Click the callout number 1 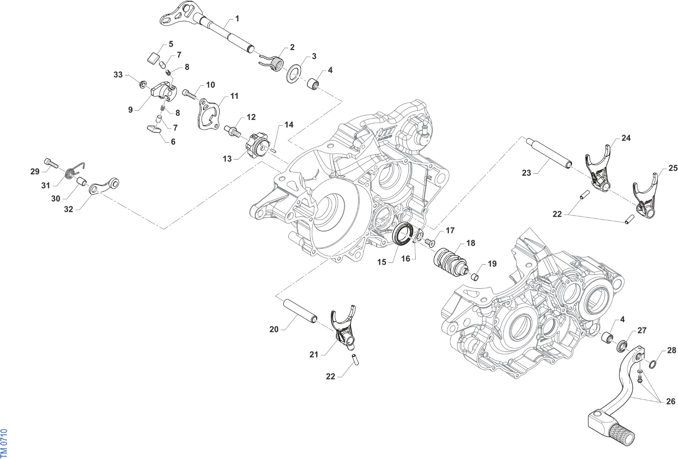point(237,18)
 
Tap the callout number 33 point(118,75)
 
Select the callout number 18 point(471,243)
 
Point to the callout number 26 point(670,401)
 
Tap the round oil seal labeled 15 point(404,233)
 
